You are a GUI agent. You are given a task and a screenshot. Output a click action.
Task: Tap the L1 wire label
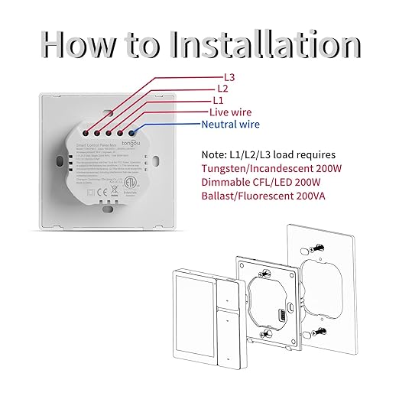217,100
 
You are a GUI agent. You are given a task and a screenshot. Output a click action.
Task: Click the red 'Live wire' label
230,112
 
